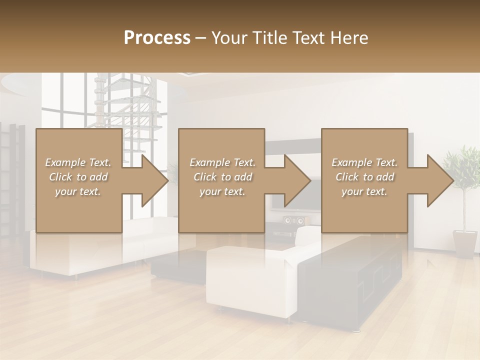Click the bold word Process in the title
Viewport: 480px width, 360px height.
pos(157,38)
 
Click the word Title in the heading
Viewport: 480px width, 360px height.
pos(268,38)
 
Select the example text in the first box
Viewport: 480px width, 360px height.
pos(78,177)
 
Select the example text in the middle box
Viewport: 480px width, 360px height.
pos(222,177)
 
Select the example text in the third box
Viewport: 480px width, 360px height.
pos(364,177)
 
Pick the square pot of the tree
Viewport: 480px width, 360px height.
pos(465,243)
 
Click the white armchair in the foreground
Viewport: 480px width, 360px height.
pos(250,280)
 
